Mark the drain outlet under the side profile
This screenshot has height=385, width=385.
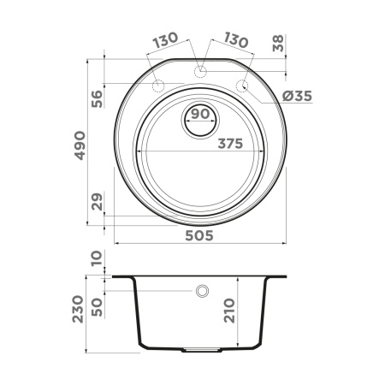[x=201, y=351]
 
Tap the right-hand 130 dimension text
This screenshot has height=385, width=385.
[x=235, y=41]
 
